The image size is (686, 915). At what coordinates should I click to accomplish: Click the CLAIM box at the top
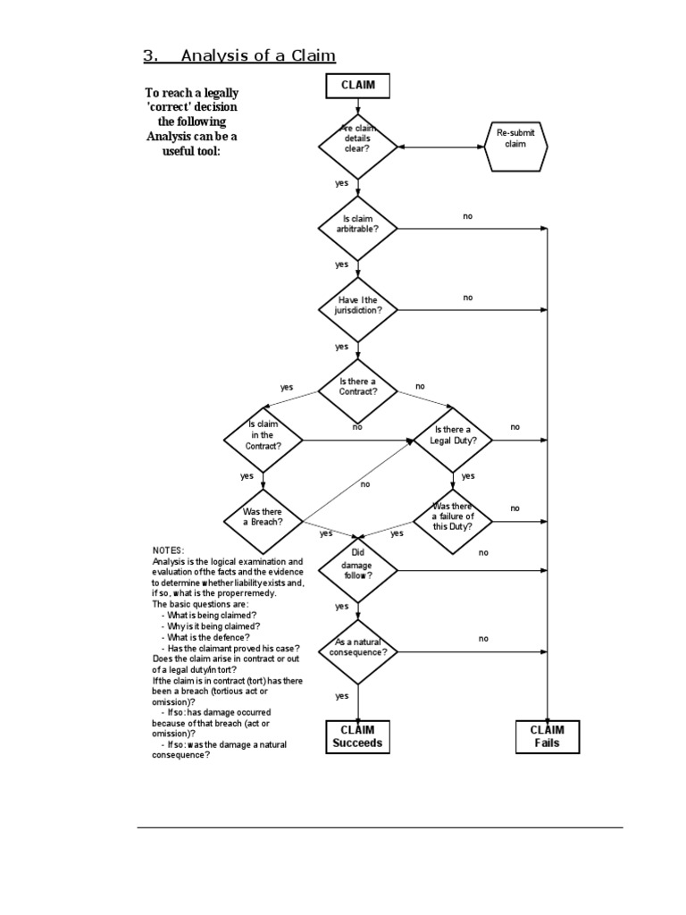pos(357,86)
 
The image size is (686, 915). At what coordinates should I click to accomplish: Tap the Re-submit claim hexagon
pos(515,139)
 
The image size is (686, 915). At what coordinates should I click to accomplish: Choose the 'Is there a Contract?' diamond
pos(357,387)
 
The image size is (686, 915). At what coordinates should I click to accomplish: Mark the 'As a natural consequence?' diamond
pos(357,647)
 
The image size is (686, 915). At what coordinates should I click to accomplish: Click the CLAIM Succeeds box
pos(357,736)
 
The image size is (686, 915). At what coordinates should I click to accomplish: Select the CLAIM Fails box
pos(547,736)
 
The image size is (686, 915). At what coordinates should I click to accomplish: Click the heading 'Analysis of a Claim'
pos(257,56)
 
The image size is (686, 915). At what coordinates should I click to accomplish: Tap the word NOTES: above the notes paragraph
pos(168,550)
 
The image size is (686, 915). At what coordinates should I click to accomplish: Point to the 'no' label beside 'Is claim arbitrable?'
pos(468,216)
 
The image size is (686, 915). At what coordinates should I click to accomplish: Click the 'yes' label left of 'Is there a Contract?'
pos(287,388)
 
